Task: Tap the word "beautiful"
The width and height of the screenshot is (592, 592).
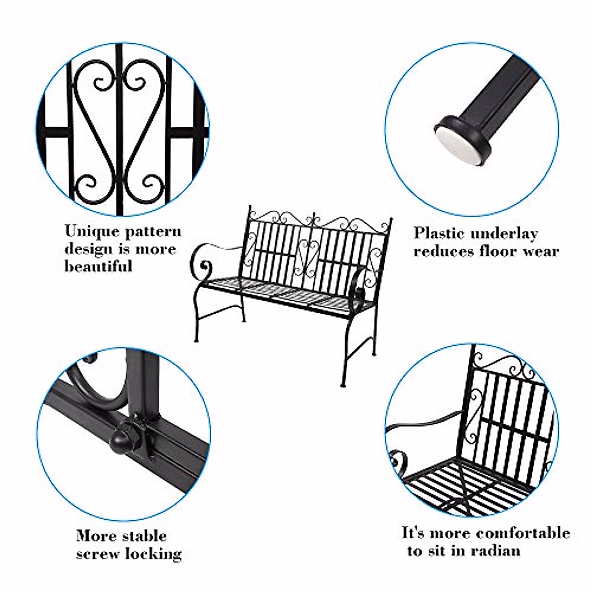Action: coord(98,266)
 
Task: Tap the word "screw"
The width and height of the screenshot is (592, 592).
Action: coord(98,554)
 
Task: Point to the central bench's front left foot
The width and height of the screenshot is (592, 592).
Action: coord(196,340)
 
